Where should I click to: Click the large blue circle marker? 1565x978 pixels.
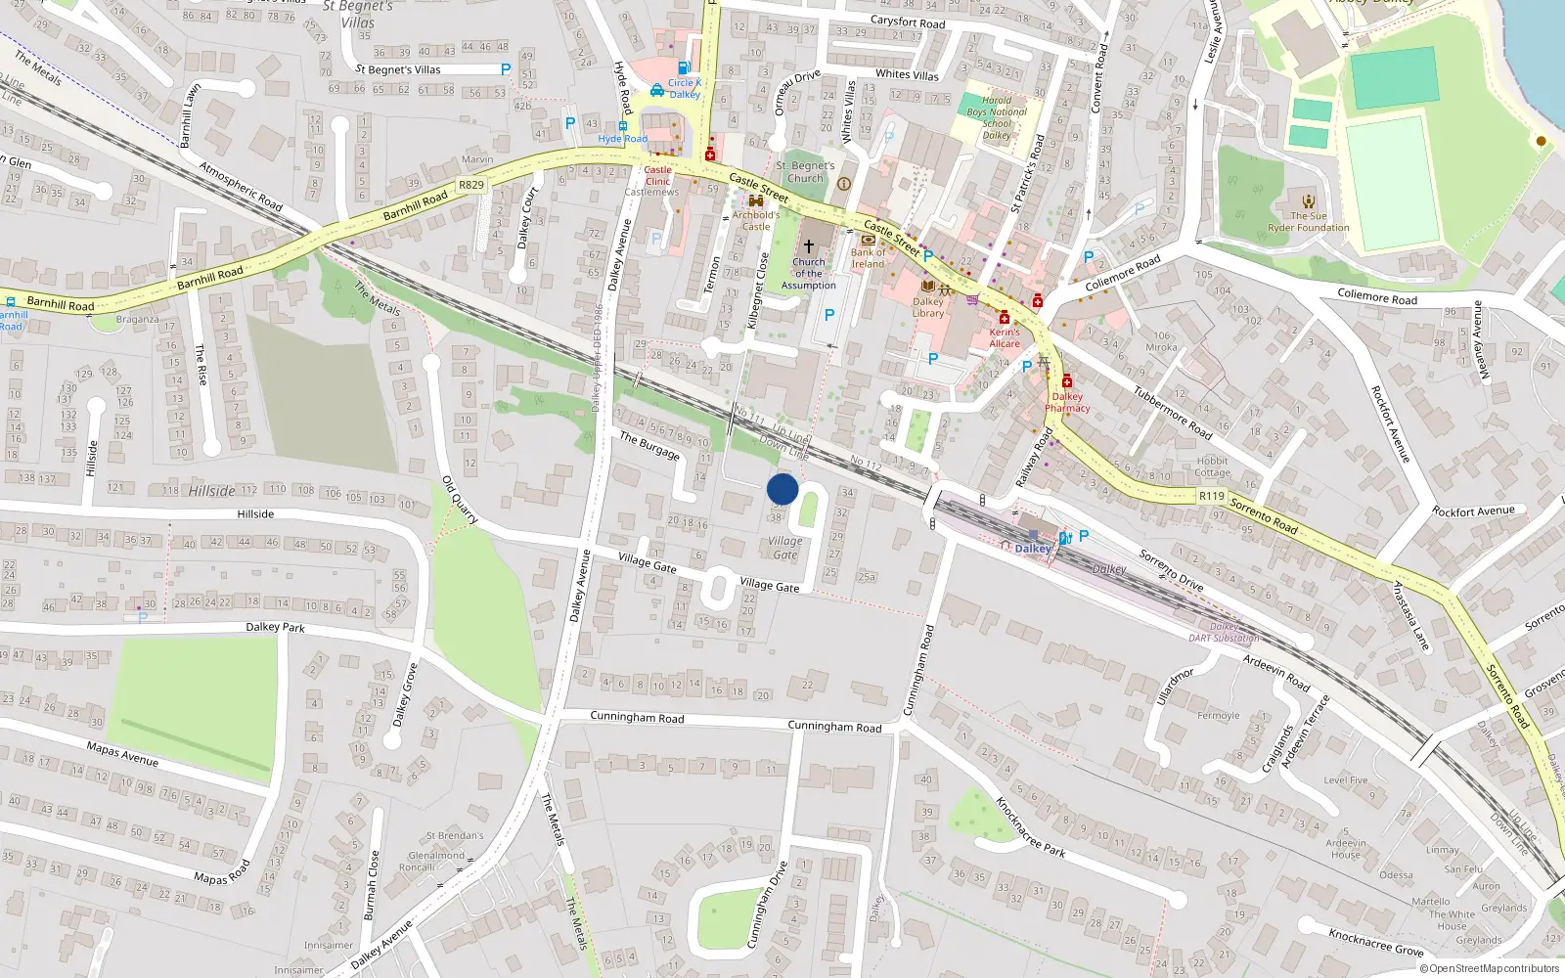(782, 489)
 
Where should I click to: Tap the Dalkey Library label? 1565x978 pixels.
(928, 307)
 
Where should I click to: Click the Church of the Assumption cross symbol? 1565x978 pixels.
(809, 246)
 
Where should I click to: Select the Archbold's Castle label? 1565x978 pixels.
(756, 220)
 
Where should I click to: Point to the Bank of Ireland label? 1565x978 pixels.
(868, 258)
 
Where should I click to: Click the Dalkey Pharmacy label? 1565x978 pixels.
(1067, 402)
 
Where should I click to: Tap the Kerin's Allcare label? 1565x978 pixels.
(1005, 337)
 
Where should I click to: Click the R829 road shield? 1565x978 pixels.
(471, 185)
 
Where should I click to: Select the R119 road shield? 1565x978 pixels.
(1211, 496)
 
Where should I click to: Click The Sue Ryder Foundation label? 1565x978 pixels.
(1309, 222)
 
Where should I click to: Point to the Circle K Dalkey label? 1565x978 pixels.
(685, 88)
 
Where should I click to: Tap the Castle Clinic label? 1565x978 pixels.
(658, 175)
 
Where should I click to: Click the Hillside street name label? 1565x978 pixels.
(255, 513)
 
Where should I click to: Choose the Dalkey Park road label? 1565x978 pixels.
(275, 627)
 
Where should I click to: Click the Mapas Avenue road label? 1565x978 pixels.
(122, 754)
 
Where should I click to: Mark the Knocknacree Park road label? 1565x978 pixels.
(1030, 827)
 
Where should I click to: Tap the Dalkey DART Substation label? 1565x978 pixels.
(1224, 632)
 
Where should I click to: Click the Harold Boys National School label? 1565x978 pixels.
(997, 117)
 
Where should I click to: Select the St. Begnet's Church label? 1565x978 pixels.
(805, 172)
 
